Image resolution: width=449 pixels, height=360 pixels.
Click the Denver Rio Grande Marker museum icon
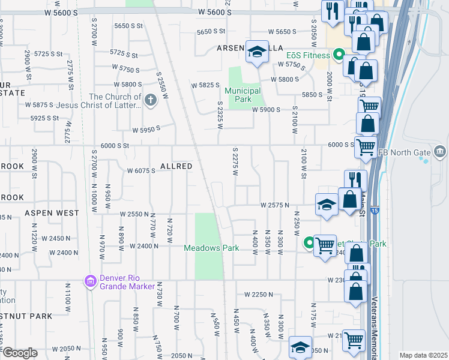pos(91,281)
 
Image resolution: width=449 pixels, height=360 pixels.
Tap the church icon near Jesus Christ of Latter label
pos(150,101)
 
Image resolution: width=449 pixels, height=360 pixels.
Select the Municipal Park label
pos(243,94)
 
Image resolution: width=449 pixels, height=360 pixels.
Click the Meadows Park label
pos(211,248)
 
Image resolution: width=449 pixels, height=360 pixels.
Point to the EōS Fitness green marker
pos(339,56)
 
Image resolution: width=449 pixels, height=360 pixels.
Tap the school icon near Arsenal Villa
pos(258,52)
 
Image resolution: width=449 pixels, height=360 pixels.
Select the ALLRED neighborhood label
pos(176,166)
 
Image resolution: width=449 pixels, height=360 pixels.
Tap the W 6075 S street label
pos(141,170)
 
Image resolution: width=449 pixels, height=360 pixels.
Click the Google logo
pos(19,352)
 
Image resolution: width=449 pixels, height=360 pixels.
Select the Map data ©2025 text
pos(423,355)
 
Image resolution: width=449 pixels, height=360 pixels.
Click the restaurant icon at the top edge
pos(331,10)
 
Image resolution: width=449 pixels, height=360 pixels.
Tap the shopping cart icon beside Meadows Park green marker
pos(325,245)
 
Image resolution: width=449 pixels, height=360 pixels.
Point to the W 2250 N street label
pos(259,295)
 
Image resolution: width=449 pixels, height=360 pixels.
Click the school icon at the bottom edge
pos(300,347)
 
